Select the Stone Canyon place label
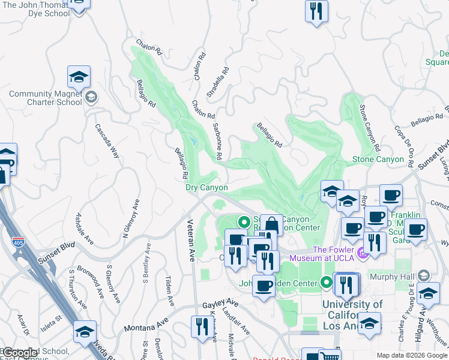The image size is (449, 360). click(x=378, y=159)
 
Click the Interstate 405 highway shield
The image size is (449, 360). click(x=18, y=241)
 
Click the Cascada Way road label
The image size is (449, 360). click(x=107, y=141)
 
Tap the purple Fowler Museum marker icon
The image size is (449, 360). click(x=363, y=253)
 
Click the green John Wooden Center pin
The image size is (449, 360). click(x=327, y=281)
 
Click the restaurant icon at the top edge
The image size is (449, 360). click(x=316, y=11)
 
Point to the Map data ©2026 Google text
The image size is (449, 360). click(x=411, y=355)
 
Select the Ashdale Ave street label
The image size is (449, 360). click(x=85, y=229)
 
